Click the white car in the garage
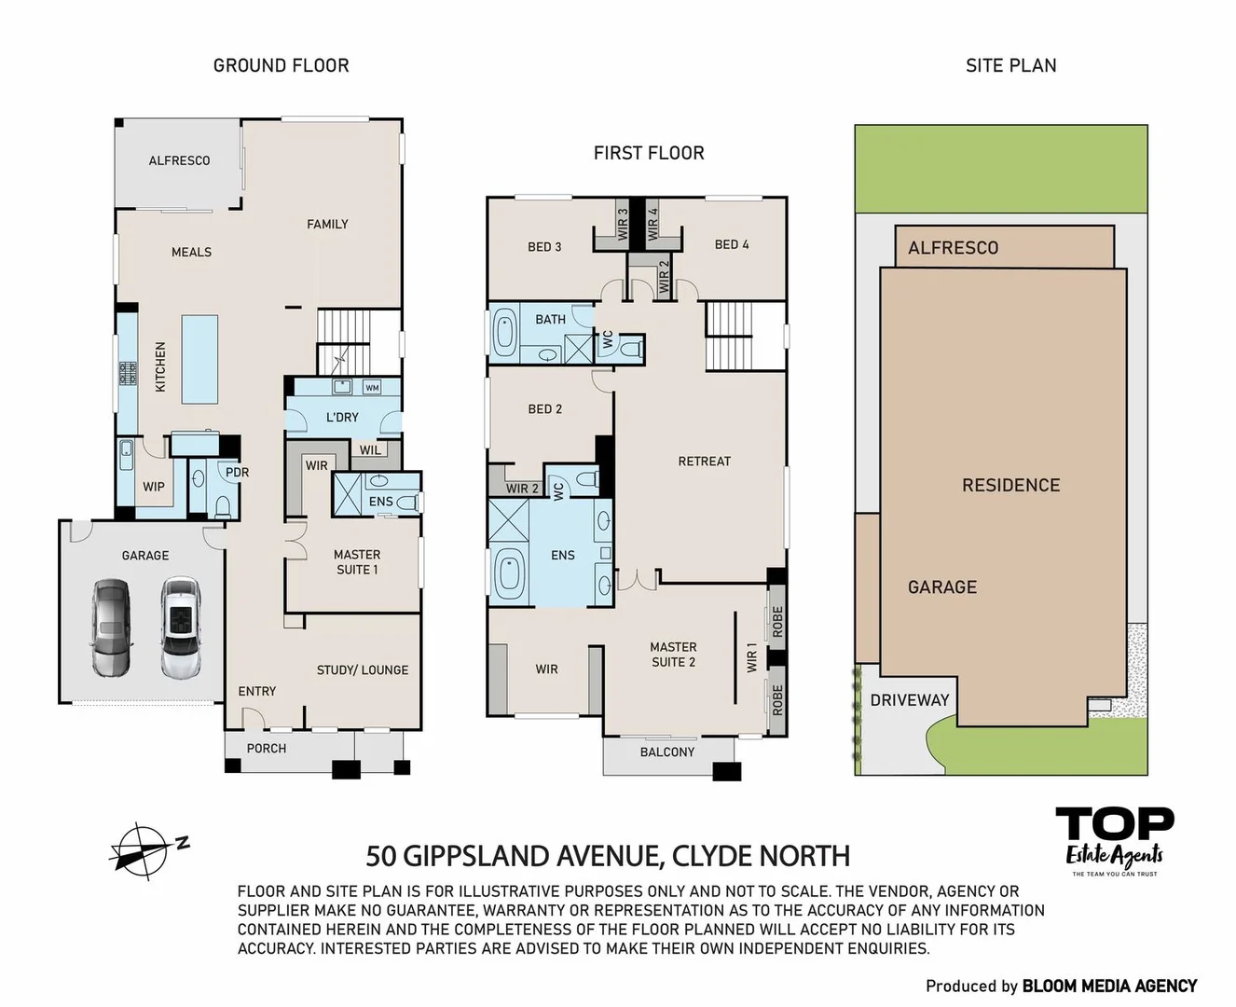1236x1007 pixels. click(x=181, y=627)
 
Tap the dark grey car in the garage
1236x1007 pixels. click(x=112, y=628)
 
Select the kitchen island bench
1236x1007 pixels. click(x=199, y=359)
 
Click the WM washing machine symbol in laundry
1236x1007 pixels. click(x=372, y=387)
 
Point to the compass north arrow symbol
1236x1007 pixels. click(x=148, y=851)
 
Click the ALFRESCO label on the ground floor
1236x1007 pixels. click(x=179, y=160)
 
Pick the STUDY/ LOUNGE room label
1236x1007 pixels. click(x=362, y=669)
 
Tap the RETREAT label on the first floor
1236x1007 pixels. click(x=704, y=462)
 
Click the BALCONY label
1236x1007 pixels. click(x=667, y=752)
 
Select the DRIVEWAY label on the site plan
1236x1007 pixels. click(x=910, y=700)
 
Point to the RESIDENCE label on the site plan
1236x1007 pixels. click(x=1010, y=485)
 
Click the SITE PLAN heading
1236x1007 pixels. click(x=1010, y=65)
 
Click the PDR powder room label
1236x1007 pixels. click(x=237, y=473)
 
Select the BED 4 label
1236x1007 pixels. click(x=731, y=245)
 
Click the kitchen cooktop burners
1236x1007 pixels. click(x=129, y=373)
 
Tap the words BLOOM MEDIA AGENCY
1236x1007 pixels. click(x=1109, y=986)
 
